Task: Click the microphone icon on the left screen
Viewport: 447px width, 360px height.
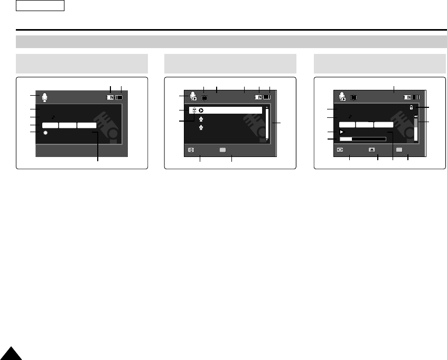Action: pos(45,97)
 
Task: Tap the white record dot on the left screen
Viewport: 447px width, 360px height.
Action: pos(45,133)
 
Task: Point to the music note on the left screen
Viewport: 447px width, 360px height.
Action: pos(53,117)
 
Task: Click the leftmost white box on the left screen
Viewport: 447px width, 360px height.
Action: pos(50,125)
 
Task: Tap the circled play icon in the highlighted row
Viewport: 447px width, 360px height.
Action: pos(201,110)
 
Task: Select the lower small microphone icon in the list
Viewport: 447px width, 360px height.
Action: pos(201,127)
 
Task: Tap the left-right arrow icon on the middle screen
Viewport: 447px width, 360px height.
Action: pos(191,150)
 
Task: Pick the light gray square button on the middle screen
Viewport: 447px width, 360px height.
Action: pos(222,150)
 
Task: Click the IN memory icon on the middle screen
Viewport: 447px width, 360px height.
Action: pos(258,97)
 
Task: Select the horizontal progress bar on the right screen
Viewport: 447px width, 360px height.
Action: pos(362,139)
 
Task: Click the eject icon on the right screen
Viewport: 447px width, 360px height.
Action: pos(372,150)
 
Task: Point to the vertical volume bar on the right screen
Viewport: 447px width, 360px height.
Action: pos(416,130)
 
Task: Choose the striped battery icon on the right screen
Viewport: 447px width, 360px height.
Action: pos(417,97)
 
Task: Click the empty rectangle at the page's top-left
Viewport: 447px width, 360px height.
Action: pos(40,6)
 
